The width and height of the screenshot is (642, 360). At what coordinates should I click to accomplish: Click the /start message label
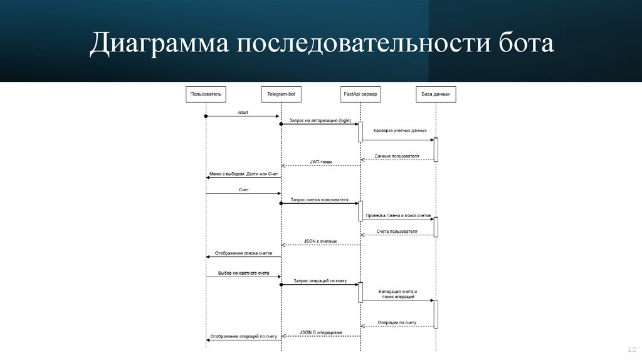(243, 112)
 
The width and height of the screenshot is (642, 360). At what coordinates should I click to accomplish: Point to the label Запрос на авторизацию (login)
(320, 120)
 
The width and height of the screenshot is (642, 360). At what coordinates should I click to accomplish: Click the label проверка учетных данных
(400, 130)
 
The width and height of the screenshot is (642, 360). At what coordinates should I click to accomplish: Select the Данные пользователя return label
(397, 155)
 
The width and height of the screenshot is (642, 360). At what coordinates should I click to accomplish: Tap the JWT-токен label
(321, 162)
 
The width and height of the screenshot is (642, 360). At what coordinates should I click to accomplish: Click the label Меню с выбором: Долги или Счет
(243, 174)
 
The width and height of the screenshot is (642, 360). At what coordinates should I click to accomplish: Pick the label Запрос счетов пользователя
(320, 199)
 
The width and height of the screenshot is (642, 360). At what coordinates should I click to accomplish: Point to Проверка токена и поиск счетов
(399, 215)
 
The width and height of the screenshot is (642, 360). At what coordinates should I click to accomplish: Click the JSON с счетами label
(320, 241)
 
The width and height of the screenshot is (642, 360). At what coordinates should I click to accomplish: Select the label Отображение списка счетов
(244, 253)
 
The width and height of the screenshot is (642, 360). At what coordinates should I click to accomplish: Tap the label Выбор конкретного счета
(243, 273)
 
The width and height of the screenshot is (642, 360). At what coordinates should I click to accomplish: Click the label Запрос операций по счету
(319, 280)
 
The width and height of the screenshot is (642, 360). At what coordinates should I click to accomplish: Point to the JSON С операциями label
(321, 332)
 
